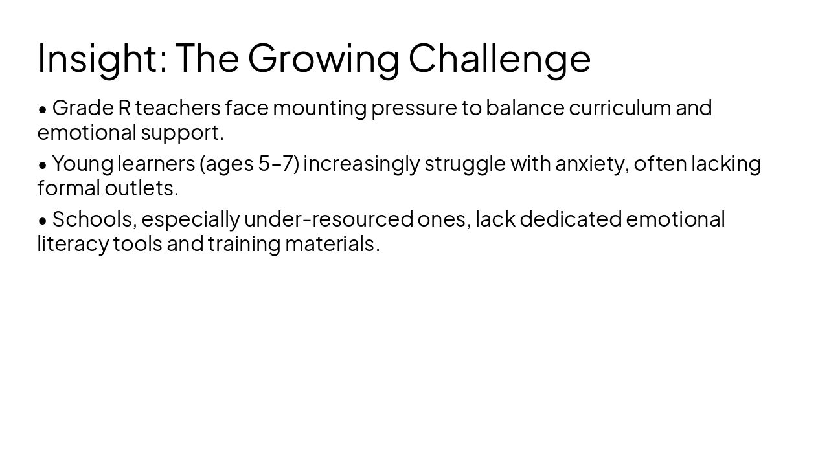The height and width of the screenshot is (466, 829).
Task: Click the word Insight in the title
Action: pos(97,58)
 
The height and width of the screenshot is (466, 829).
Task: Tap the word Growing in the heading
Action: pos(323,58)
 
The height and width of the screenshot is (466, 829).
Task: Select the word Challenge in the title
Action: pos(499,58)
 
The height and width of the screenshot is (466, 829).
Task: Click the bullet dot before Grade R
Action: pos(43,109)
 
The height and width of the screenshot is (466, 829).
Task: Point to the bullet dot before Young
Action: pos(43,165)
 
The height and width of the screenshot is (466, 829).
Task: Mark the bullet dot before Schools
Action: pos(43,221)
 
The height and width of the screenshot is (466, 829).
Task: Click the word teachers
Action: pos(177,107)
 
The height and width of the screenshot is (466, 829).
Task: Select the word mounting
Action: pos(319,108)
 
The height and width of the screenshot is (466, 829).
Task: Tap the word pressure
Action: pos(413,108)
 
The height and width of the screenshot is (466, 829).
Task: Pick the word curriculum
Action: pos(620,107)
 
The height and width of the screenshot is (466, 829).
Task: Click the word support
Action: pos(182,133)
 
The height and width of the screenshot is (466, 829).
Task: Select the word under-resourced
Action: pos(328,219)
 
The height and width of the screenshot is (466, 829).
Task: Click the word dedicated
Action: pos(570,219)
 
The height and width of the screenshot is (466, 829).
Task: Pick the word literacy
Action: pos(73,244)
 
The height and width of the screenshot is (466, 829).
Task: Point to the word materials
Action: pos(332,244)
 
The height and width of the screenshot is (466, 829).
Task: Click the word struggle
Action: pos(464,164)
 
